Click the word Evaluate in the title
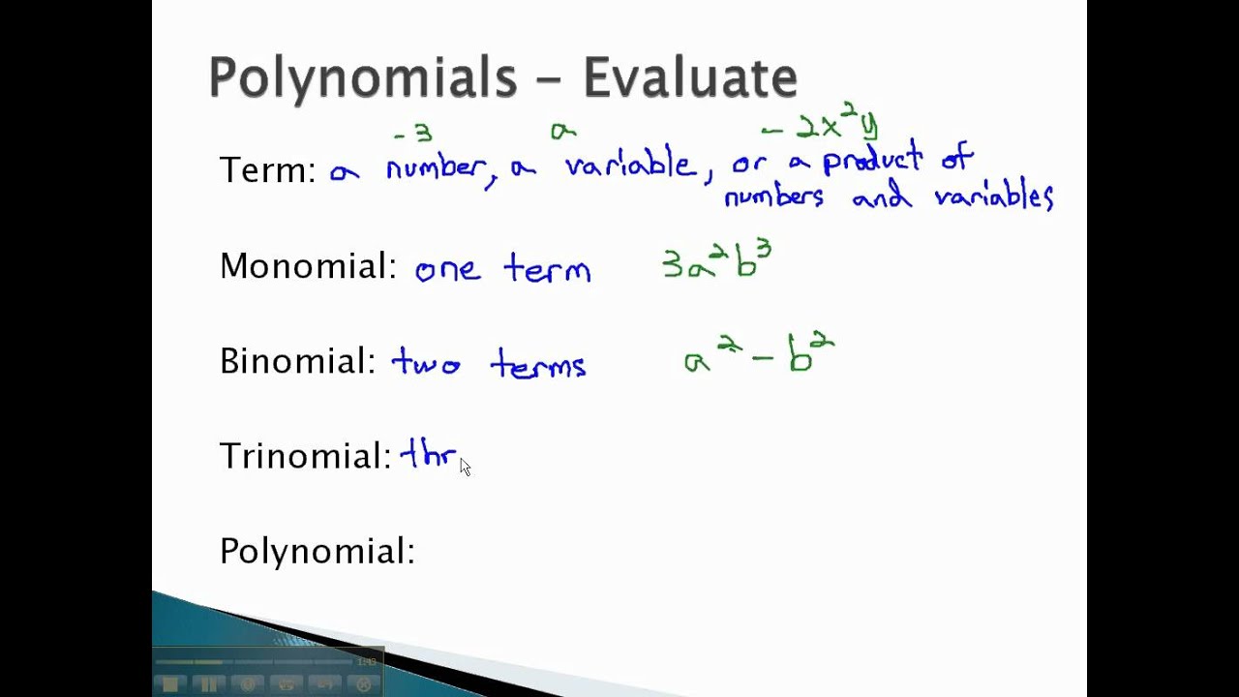690,77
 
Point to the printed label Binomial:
297,361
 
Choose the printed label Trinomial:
305,455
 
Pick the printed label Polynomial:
317,551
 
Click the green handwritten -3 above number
412,134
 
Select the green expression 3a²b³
716,261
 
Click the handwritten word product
872,161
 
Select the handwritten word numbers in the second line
774,197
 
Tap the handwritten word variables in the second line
993,197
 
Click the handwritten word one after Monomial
447,269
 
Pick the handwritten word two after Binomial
426,364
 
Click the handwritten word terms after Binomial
538,365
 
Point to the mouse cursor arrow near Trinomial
465,467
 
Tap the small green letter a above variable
562,130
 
